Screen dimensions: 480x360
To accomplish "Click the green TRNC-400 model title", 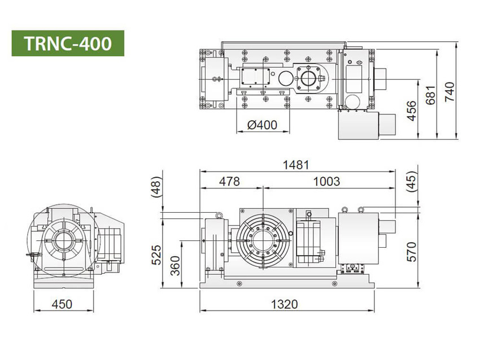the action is (x=68, y=43).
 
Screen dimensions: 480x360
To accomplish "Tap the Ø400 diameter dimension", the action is (x=262, y=125).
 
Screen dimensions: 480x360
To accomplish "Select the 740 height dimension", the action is (x=450, y=92).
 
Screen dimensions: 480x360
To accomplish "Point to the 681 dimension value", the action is (x=430, y=95).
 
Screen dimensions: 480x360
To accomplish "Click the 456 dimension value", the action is (x=412, y=111).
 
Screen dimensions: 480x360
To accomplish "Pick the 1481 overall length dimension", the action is (x=296, y=165).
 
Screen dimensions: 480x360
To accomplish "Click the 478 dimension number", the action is (x=230, y=182).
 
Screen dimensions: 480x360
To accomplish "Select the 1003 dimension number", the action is (x=326, y=182).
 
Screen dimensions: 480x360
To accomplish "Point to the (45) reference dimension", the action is (x=412, y=181).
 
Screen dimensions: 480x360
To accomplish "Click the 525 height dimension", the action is (x=156, y=255).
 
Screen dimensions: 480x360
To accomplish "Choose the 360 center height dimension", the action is (x=175, y=266).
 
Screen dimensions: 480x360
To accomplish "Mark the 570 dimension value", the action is (x=412, y=252).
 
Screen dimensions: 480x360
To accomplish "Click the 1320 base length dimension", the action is (x=285, y=304).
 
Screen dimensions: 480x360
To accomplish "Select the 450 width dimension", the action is (x=62, y=304).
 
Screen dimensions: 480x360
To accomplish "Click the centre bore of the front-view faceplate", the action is (x=263, y=241).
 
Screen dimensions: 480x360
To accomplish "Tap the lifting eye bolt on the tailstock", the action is (x=219, y=216).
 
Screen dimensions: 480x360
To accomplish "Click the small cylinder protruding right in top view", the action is (x=380, y=79).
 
